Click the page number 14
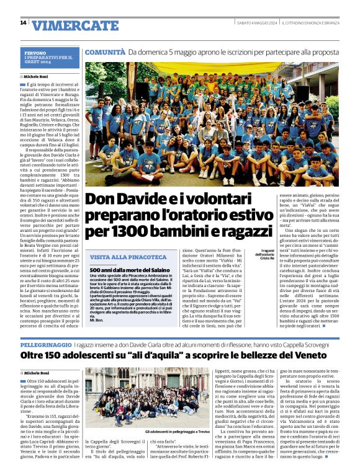click(23, 23)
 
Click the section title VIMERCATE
click(75, 25)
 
